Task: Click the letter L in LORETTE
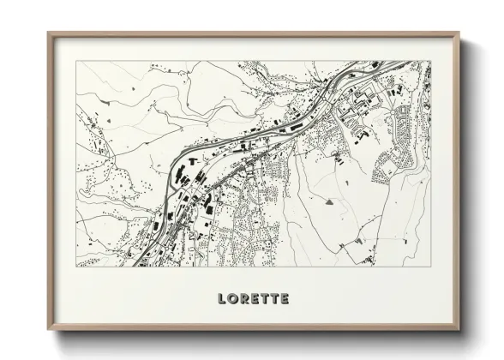pos(221,299)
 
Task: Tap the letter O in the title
pos(233,299)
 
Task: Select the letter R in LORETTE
pos(245,299)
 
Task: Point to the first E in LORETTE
pos(256,299)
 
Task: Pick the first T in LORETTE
pos(267,299)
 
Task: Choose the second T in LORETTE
pos(276,299)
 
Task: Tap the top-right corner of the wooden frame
pos(459,33)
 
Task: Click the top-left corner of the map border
pos(76,61)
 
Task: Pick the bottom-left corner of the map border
pos(76,266)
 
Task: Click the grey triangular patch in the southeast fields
pos(329,202)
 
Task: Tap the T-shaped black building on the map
pos(193,159)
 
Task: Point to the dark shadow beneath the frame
pos(257,337)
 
